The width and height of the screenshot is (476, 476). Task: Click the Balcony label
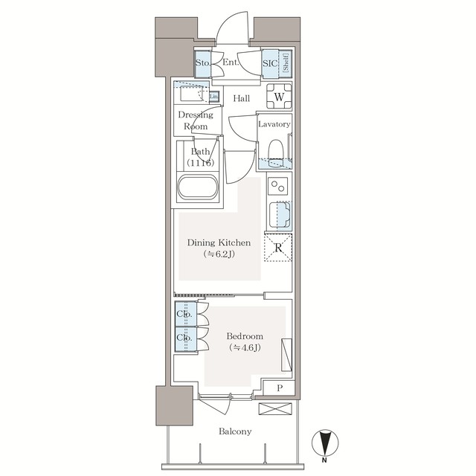pyautogui.click(x=235, y=431)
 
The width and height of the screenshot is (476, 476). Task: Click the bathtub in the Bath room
pyautogui.click(x=198, y=187)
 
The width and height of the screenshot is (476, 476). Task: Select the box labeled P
pyautogui.click(x=280, y=388)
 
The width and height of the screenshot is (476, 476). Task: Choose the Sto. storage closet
pyautogui.click(x=202, y=64)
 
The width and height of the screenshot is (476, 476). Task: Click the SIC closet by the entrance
pyautogui.click(x=271, y=64)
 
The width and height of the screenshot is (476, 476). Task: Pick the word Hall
pyautogui.click(x=240, y=98)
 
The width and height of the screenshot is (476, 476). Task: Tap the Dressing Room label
pyautogui.click(x=196, y=120)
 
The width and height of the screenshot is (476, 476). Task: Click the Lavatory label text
pyautogui.click(x=274, y=124)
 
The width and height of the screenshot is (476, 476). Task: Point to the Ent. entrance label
pyautogui.click(x=231, y=64)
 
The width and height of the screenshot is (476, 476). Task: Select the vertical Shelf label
pyautogui.click(x=285, y=64)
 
